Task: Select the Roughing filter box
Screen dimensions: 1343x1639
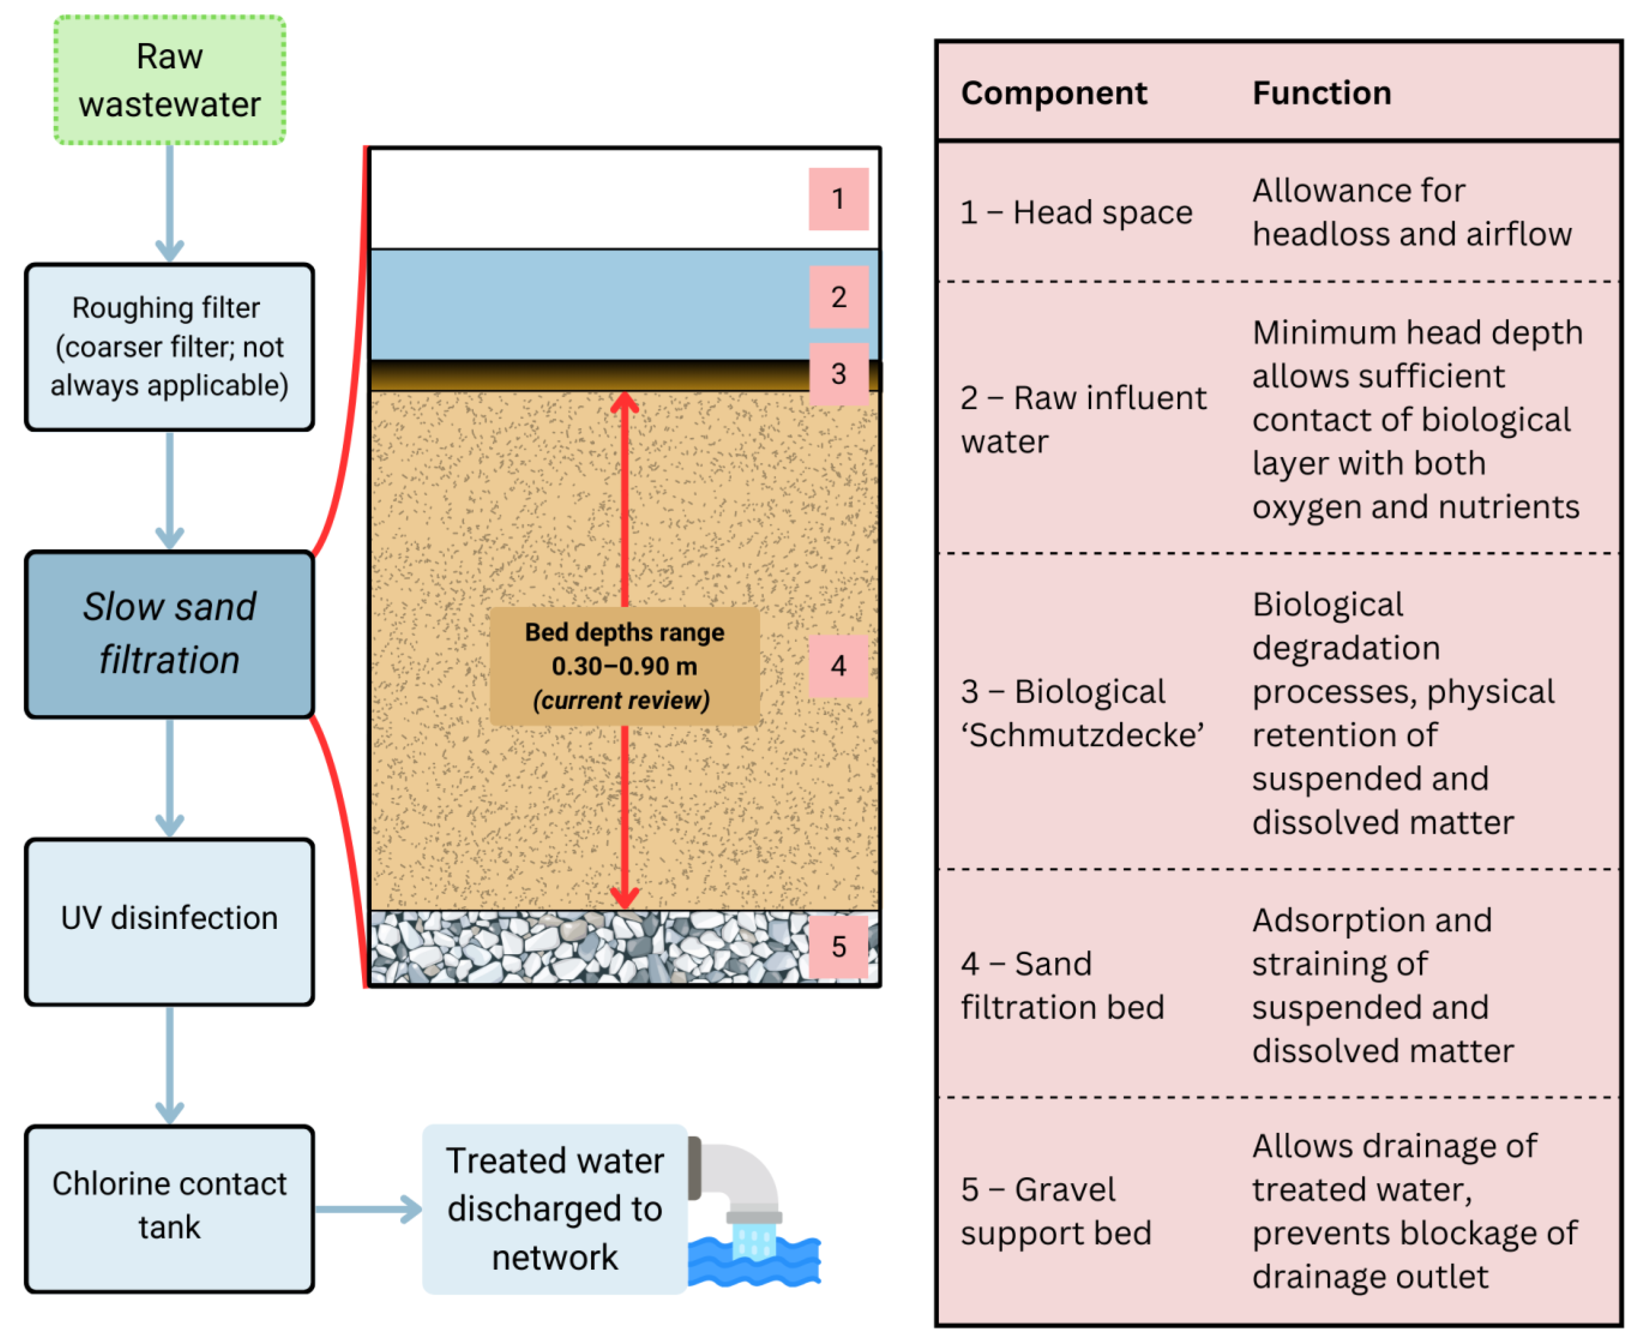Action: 169,347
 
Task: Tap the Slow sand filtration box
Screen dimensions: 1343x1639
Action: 169,634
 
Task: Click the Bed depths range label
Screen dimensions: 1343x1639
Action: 624,666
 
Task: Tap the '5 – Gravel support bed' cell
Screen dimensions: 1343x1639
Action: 1056,1211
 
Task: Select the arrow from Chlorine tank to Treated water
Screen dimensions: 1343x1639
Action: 368,1208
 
